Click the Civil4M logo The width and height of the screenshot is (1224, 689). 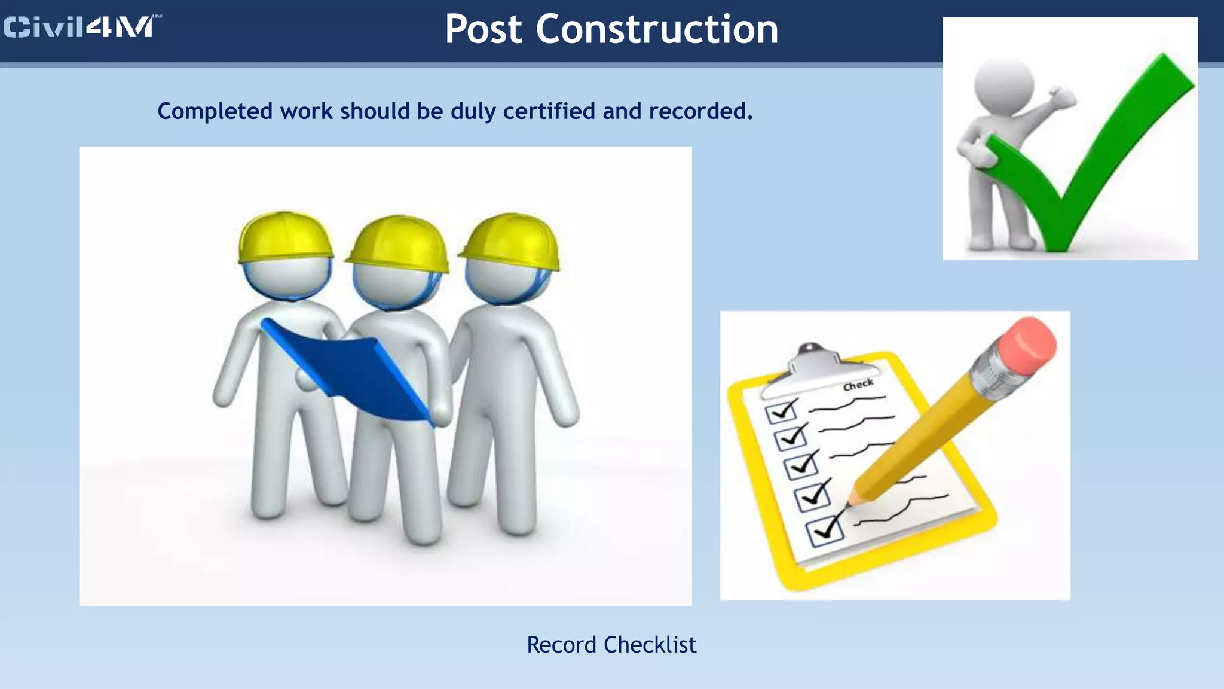point(81,28)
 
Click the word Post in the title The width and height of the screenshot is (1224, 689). point(484,29)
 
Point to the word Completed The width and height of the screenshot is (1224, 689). point(215,111)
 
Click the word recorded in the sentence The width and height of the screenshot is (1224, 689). point(700,111)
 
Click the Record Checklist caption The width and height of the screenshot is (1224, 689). point(611,645)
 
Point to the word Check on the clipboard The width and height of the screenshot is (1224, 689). point(858,385)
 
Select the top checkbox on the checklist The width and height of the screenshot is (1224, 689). point(781,411)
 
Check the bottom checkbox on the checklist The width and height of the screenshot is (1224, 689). point(825,530)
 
